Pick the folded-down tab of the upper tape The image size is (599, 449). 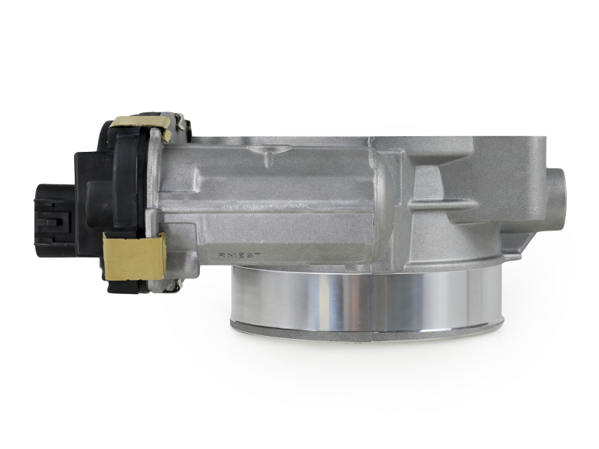click(166, 135)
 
